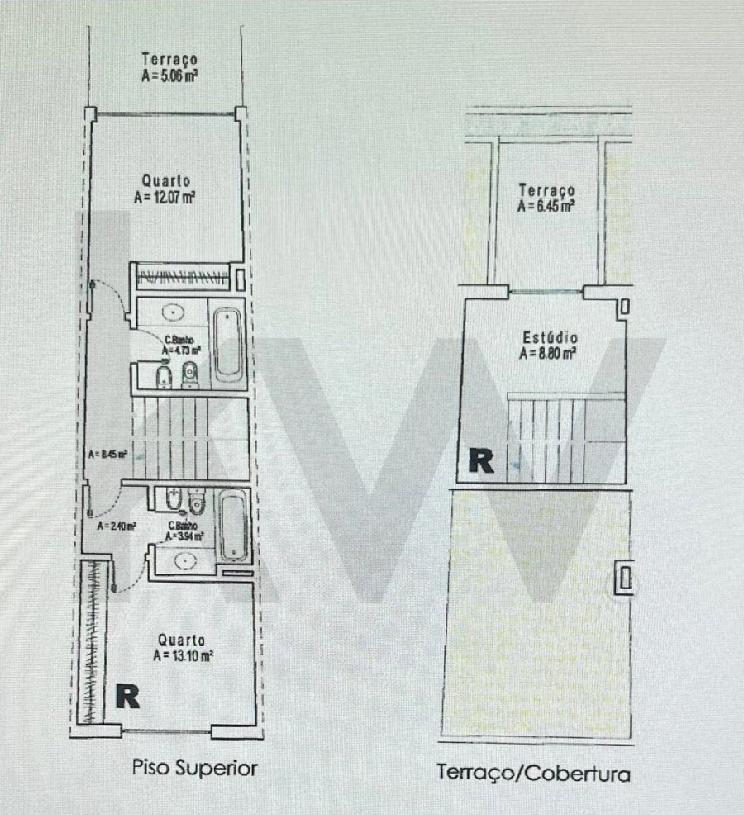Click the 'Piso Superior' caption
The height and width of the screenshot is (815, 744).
[x=195, y=768]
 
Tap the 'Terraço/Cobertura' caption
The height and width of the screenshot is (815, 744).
[x=533, y=774]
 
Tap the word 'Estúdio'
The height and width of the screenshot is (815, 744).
[x=550, y=338]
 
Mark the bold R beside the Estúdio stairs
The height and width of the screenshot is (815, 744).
[x=480, y=460]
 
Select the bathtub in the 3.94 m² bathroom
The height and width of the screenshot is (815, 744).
[x=234, y=524]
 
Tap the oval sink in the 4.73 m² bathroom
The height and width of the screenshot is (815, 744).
[x=173, y=312]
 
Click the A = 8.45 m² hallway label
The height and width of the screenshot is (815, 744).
[x=107, y=454]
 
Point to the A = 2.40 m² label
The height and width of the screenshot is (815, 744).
[x=116, y=525]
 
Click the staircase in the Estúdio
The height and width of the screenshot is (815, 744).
[x=547, y=440]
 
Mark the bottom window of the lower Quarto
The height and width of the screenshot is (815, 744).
[x=165, y=731]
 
